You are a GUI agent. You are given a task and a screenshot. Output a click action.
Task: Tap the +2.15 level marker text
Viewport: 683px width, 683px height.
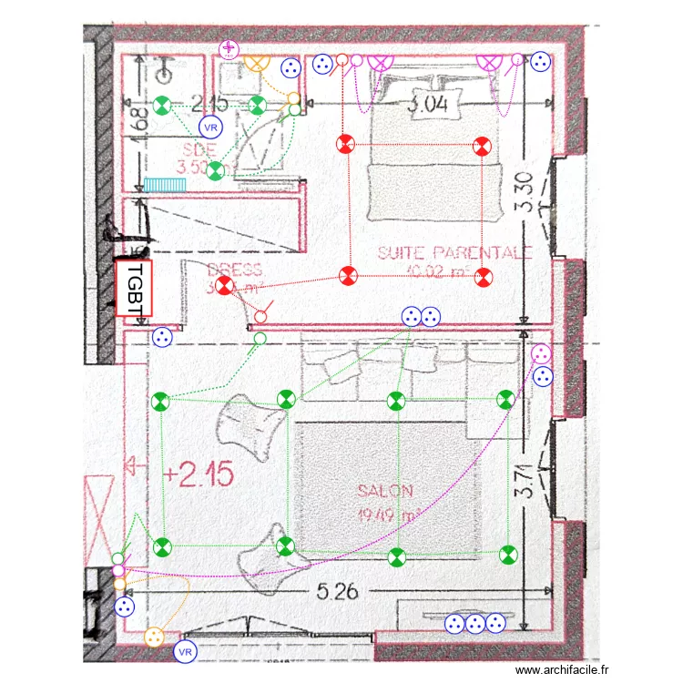click(199, 474)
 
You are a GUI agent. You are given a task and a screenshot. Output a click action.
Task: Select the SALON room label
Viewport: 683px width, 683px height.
click(385, 490)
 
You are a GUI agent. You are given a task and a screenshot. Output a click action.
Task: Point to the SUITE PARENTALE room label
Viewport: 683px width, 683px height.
click(454, 252)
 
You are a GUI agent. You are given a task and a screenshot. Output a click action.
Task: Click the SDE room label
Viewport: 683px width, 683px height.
click(199, 150)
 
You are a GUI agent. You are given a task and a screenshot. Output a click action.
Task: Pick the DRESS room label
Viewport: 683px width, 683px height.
click(234, 270)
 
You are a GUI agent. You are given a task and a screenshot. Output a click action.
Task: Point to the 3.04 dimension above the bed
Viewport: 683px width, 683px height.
click(427, 106)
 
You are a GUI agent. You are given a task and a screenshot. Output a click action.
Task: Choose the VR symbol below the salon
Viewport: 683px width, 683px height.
click(186, 652)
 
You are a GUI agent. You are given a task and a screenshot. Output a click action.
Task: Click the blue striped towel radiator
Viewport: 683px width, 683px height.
click(165, 184)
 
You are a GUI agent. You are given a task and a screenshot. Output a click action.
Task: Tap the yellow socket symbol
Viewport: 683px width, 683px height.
click(154, 636)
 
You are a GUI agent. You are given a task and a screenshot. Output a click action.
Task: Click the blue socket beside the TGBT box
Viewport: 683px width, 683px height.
click(162, 337)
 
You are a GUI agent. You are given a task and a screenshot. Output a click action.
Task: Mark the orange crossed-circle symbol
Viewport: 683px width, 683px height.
click(258, 63)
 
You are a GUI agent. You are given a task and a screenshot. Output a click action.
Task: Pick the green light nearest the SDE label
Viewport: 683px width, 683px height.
click(216, 169)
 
